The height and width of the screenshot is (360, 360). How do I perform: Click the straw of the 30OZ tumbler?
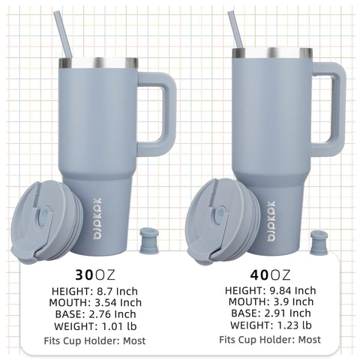(63, 34)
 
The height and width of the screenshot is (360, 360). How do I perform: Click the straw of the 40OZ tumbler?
(235, 30)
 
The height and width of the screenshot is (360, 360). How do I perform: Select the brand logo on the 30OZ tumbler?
(97, 219)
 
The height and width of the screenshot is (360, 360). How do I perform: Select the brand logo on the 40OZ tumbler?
(271, 220)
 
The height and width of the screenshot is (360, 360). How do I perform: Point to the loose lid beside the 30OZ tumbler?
(46, 221)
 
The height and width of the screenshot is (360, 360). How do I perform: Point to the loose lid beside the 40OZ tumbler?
(223, 221)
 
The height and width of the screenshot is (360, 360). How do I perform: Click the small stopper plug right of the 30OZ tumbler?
(149, 241)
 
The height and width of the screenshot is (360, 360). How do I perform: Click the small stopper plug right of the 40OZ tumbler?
(319, 242)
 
